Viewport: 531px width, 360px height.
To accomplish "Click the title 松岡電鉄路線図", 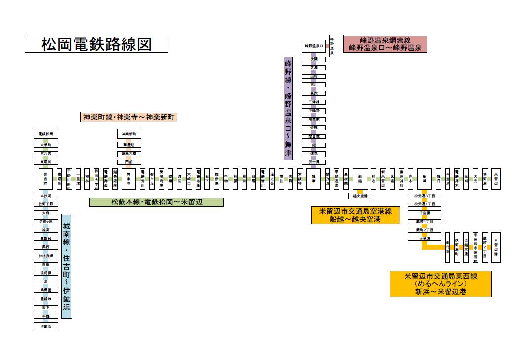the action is click(x=96, y=44).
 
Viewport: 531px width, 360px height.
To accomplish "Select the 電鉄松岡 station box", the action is click(x=45, y=134).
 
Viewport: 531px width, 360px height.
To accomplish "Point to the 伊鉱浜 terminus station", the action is click(x=45, y=327).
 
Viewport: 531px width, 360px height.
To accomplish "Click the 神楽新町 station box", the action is click(x=128, y=134).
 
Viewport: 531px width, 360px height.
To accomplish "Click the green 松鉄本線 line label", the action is click(x=156, y=202).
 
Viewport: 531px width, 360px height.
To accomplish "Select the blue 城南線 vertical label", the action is click(x=66, y=267).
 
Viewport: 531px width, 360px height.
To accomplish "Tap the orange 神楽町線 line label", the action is click(x=129, y=118).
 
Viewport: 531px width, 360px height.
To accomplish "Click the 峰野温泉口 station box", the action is click(x=314, y=46).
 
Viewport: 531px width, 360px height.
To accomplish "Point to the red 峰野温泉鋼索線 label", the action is click(x=385, y=44).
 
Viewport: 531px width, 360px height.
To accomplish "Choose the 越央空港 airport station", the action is click(x=360, y=196).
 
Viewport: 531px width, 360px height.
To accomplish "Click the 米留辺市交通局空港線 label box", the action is click(x=355, y=215).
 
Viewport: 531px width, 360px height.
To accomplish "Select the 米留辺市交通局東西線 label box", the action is click(x=441, y=283).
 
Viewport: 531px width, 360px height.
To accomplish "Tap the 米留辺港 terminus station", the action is click(x=496, y=246).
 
